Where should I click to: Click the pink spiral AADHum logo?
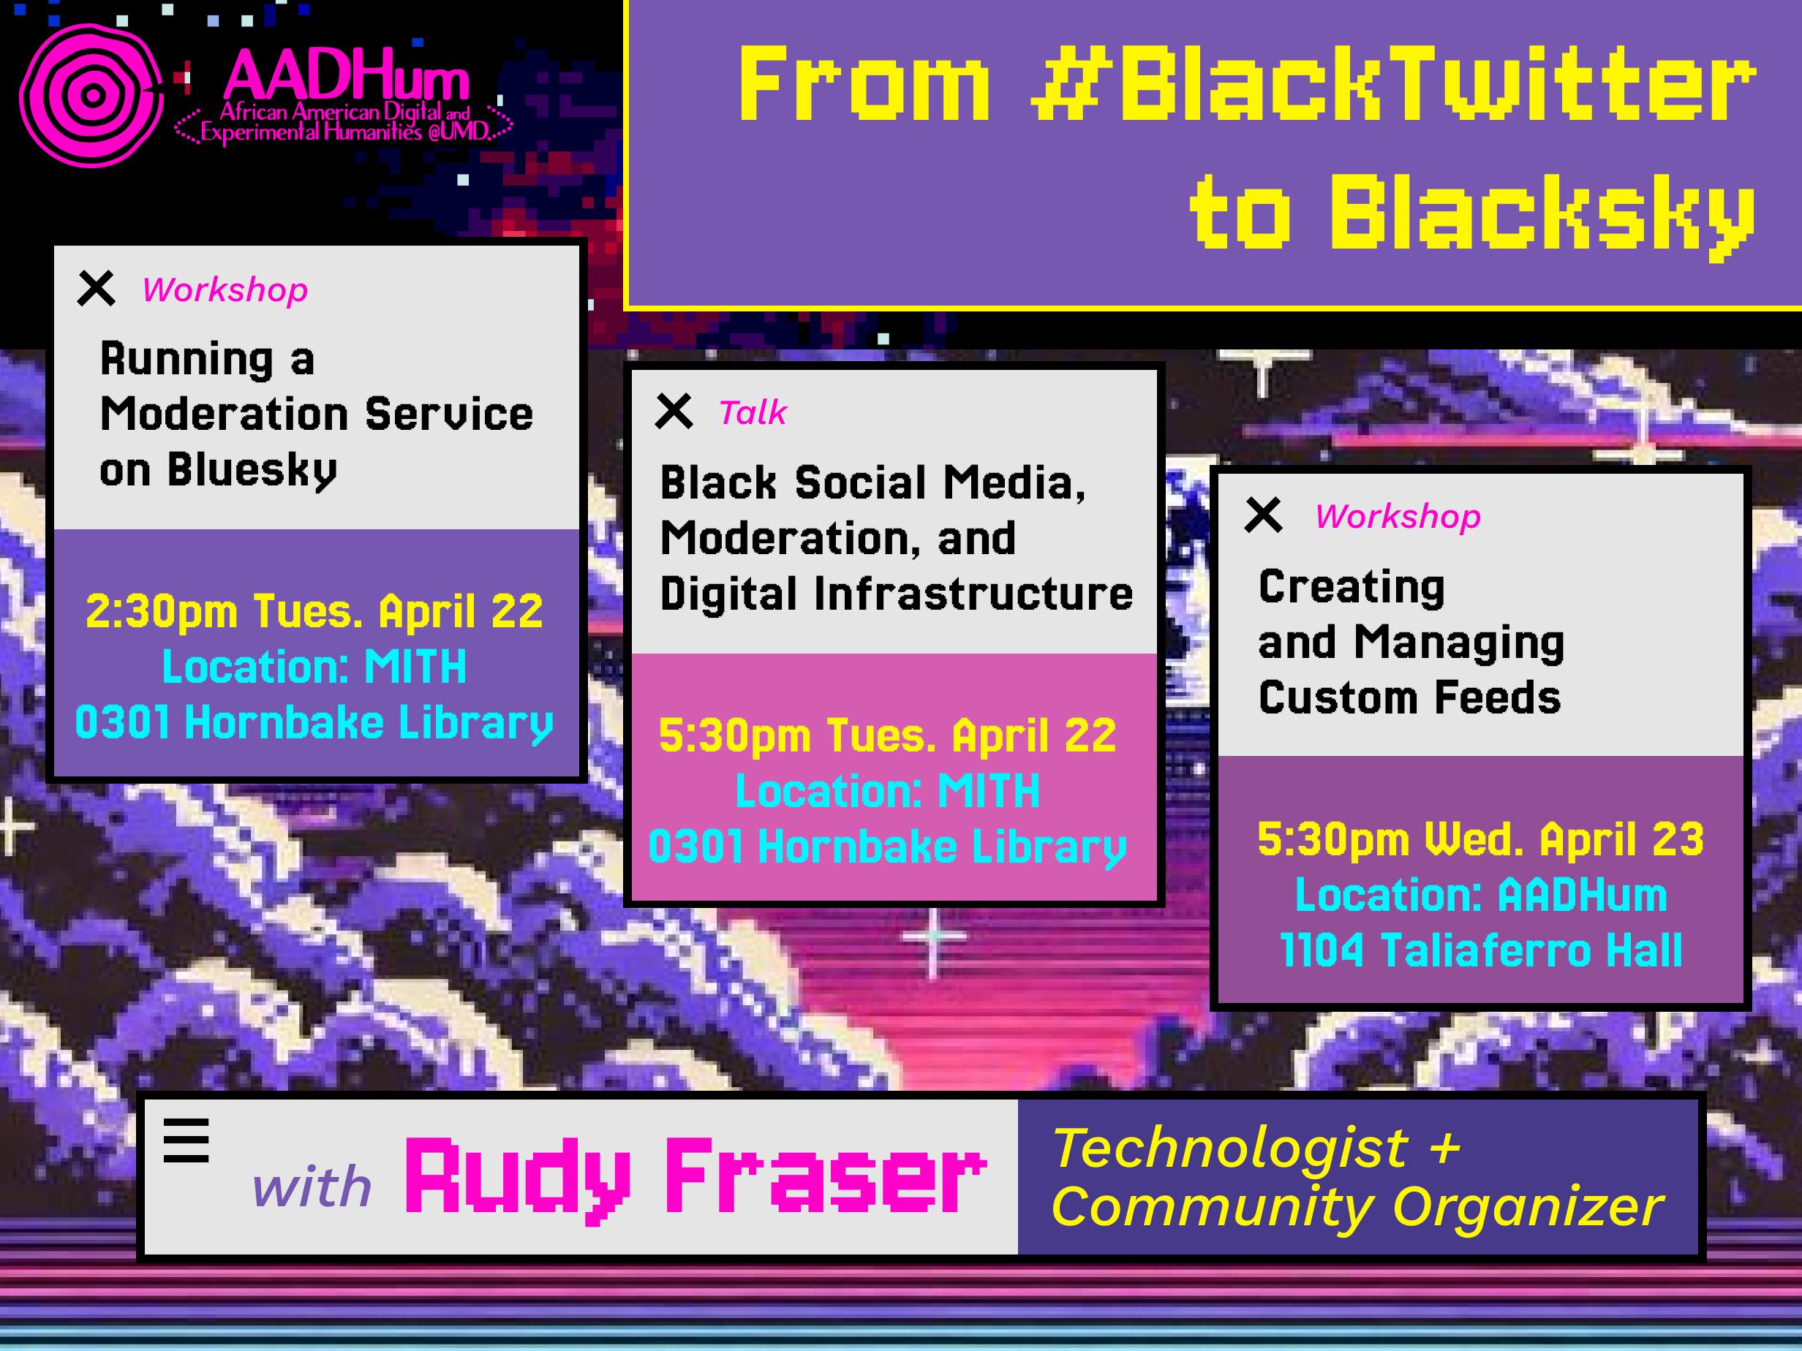coord(91,96)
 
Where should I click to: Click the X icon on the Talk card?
coord(674,412)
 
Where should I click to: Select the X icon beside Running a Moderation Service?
coord(96,288)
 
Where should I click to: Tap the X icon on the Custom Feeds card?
coord(1264,515)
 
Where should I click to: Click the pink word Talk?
coord(752,413)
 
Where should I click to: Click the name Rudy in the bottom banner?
coord(518,1178)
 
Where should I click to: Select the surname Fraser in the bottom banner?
coord(824,1178)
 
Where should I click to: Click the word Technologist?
coord(1230,1148)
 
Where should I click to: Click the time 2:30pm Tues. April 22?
coord(314,612)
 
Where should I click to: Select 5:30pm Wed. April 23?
coord(1480,839)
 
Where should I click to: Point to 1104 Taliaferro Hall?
coord(1480,950)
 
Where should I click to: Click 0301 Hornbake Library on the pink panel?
coord(887,847)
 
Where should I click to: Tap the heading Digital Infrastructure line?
coord(896,593)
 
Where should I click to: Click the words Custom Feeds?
coord(1409,698)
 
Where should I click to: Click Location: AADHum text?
coord(1480,895)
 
